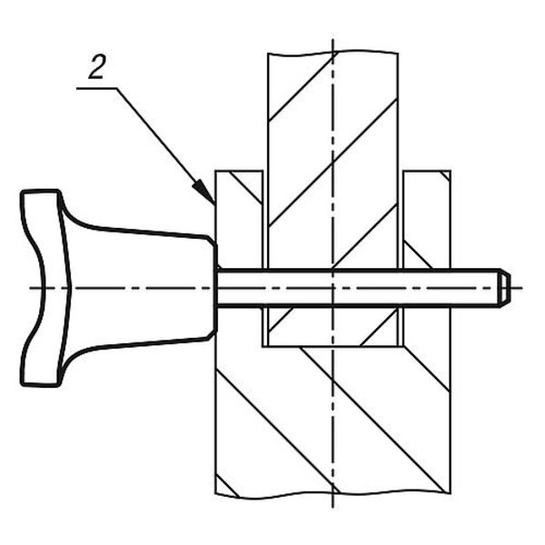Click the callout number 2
click(96, 67)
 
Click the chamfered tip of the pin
click(505, 288)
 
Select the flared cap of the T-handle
click(44, 288)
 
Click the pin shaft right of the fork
click(475, 288)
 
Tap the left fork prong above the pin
click(239, 219)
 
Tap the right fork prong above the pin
click(427, 219)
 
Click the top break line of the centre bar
click(333, 54)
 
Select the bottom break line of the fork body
click(333, 496)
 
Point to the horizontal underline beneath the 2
click(96, 89)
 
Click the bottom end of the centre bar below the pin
click(333, 346)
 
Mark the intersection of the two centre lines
click(333, 288)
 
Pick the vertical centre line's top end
click(333, 39)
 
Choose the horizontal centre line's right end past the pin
click(521, 288)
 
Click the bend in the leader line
click(117, 89)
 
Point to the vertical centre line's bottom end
click(333, 508)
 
